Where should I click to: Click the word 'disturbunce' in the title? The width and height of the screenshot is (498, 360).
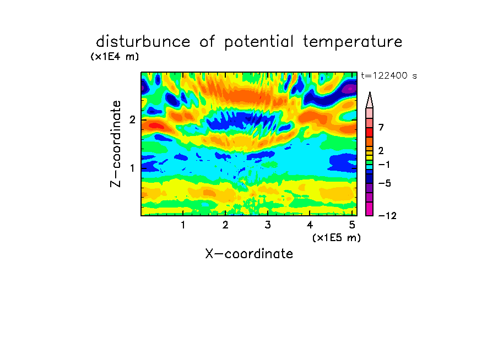[143, 41]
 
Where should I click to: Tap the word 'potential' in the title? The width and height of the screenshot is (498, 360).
[259, 42]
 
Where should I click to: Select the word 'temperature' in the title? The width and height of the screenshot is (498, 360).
[353, 42]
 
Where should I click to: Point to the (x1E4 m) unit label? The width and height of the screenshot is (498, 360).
[115, 57]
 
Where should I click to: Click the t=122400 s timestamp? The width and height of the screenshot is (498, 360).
[389, 76]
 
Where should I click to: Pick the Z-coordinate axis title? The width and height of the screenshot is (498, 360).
[116, 144]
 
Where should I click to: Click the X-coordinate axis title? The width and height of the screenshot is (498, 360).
[249, 254]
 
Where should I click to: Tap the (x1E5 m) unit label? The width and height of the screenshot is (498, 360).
[337, 238]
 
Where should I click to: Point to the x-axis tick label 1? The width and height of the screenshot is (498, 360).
[183, 225]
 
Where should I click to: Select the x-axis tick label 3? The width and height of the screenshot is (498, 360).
[268, 225]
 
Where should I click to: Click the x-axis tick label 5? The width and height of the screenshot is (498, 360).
[352, 225]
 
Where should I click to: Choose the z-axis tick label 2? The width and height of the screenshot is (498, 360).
[132, 120]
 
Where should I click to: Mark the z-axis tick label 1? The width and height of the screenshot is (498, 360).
[132, 168]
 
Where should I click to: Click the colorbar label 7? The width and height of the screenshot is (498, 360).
[381, 128]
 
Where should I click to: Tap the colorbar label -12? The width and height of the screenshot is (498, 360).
[387, 216]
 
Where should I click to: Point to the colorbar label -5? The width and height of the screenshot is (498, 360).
[385, 183]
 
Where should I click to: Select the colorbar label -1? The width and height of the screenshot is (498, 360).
[384, 165]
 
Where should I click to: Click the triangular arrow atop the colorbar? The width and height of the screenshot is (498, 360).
[370, 100]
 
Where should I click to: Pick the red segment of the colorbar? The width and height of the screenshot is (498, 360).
[370, 132]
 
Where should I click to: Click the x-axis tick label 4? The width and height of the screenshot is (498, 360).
[310, 225]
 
